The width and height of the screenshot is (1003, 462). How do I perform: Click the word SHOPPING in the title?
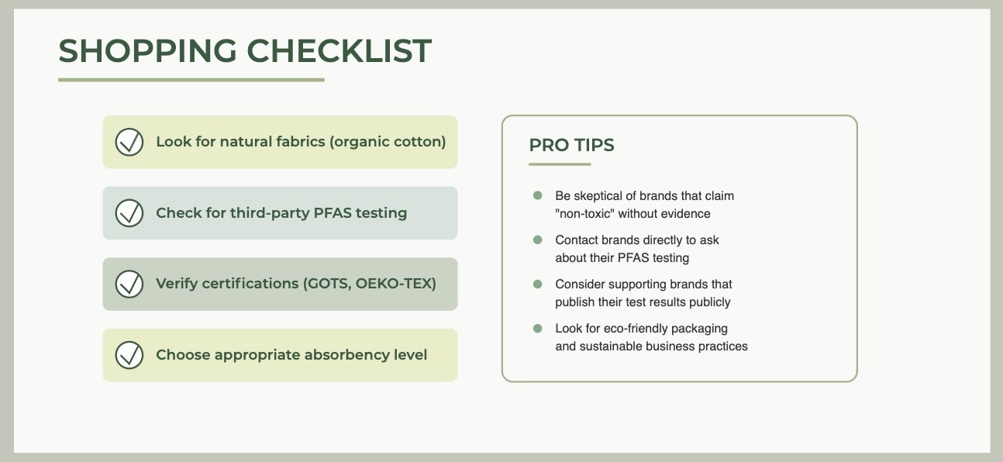coord(147,51)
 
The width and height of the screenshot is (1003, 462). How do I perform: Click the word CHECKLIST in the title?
coord(339,50)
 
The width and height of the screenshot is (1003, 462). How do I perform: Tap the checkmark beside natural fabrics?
coord(129,143)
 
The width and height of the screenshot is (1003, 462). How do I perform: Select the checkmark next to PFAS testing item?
coord(129,213)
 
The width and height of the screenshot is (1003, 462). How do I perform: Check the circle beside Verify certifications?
coord(129,284)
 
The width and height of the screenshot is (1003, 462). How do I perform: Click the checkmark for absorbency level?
coord(129,355)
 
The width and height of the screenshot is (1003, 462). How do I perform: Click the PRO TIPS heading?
coord(571,145)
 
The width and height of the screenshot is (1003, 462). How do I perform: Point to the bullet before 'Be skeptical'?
coord(538,195)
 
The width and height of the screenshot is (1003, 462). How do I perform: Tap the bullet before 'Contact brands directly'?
coord(538,240)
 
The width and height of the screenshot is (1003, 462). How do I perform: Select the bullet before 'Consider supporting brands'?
coord(538,284)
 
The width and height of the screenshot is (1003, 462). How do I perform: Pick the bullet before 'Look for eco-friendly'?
coord(538,328)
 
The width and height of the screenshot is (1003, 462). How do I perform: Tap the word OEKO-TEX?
coord(396,284)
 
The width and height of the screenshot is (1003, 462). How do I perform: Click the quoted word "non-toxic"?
coord(584,213)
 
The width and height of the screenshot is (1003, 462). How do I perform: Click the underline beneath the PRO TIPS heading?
coord(560,164)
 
